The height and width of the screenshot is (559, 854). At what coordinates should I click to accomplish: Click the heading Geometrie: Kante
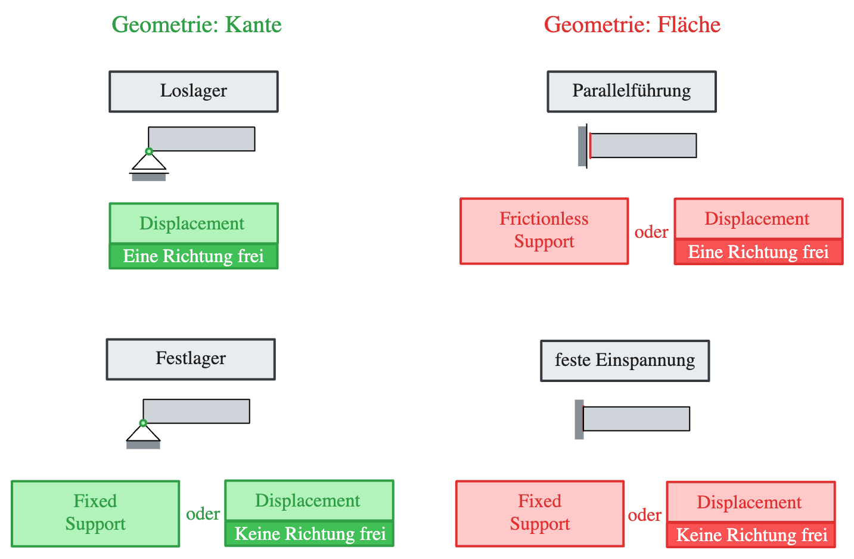coord(197,25)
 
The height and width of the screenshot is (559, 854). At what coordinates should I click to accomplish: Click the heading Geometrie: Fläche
coord(632,25)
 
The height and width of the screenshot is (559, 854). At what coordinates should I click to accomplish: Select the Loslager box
coord(193,91)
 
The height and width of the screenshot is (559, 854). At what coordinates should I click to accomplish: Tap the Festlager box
coord(191,359)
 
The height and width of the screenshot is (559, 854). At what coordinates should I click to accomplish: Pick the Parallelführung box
coord(632,91)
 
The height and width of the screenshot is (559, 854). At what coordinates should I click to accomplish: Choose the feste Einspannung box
coord(625,361)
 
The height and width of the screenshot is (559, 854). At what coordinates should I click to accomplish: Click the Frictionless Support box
coord(544,231)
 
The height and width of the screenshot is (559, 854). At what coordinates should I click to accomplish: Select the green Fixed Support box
coord(95,513)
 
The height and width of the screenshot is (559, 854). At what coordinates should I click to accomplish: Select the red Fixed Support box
coord(540,513)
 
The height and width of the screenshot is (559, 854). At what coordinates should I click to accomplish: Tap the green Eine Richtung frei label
coord(193,256)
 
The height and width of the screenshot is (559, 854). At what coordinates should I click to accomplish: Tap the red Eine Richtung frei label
coord(758,252)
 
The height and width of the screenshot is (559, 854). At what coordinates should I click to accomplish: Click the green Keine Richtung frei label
coord(309,533)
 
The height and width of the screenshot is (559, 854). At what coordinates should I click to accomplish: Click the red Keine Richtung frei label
coord(751,535)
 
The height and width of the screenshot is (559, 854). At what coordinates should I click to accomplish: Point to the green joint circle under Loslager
coord(149,151)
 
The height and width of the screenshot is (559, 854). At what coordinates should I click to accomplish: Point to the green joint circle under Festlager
coord(143,423)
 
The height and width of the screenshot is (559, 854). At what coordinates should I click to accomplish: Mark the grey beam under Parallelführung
coord(644,145)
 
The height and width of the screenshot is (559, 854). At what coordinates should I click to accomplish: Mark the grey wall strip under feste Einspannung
coord(579,419)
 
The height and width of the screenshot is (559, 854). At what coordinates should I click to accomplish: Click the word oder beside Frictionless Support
coord(651,232)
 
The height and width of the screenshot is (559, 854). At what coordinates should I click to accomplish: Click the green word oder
coord(203,514)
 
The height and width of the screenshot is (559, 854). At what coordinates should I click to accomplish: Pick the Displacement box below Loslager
coord(193,223)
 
